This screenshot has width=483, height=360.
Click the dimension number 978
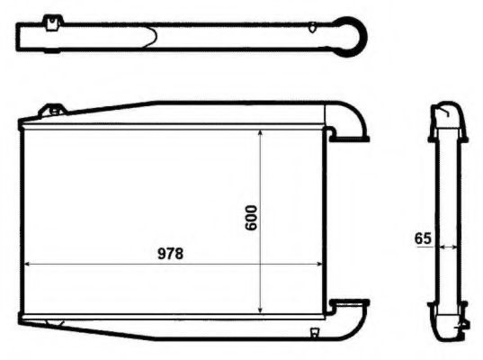(170, 253)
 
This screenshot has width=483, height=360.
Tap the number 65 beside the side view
(423, 238)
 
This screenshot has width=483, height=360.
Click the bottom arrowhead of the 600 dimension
(261, 308)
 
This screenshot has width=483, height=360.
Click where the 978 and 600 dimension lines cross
(261, 265)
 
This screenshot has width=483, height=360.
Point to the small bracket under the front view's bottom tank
(314, 334)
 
